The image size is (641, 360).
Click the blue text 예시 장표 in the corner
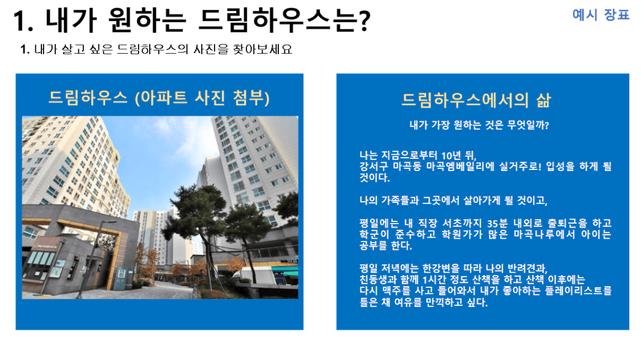coord(601,15)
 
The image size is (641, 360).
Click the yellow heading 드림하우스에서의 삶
coord(476,100)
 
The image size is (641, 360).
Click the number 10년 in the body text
coord(451,155)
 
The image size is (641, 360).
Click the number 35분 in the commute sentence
coord(497,224)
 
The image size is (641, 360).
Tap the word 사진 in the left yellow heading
coord(210,97)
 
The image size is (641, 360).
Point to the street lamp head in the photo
coord(110,222)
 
